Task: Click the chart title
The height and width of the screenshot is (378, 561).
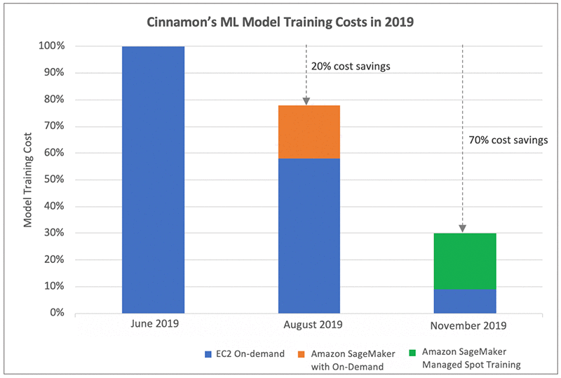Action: tap(280, 21)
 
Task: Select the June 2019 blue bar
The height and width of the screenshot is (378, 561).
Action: tap(153, 180)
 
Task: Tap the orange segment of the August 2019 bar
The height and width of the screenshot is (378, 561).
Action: tap(309, 132)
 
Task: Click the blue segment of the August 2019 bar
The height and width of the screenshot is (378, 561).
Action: tap(309, 236)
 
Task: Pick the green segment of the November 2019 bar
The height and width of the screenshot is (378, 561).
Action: tap(464, 260)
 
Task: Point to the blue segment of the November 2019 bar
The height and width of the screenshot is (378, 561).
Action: tap(464, 300)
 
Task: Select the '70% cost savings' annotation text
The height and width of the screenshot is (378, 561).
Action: tap(508, 140)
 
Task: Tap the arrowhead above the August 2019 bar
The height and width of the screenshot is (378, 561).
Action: tap(306, 102)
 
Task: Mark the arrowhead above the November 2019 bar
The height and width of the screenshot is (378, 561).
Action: tap(463, 229)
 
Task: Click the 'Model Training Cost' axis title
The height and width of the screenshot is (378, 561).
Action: tap(29, 180)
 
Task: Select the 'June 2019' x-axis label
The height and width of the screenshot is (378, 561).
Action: tap(154, 325)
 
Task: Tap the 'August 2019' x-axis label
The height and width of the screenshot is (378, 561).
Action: tap(309, 325)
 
